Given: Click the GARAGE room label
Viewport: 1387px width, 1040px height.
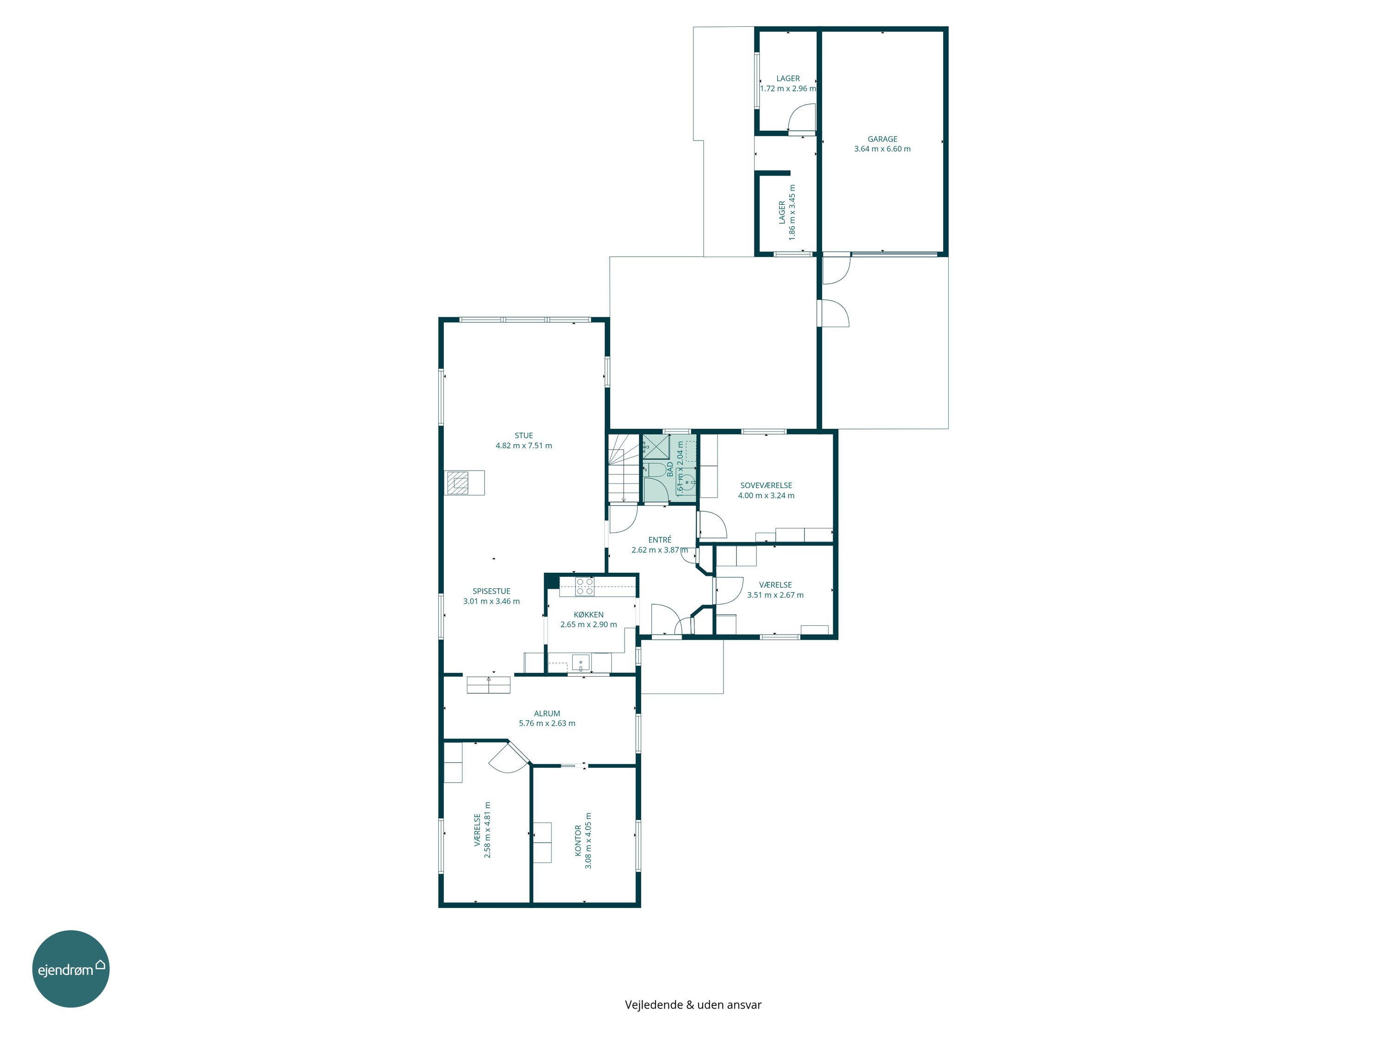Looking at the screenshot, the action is coord(882,139).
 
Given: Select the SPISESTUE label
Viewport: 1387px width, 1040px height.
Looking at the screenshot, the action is coord(491,591).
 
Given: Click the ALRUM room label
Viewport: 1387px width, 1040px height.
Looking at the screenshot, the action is coord(547,713).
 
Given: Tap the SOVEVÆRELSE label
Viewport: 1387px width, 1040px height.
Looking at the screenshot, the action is coord(766,485).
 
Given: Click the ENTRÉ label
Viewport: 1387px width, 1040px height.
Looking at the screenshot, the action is coord(660,540).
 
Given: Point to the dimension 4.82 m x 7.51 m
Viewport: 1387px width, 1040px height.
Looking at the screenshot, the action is coord(523,446).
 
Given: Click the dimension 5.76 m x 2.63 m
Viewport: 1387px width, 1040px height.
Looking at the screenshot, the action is coord(547,723).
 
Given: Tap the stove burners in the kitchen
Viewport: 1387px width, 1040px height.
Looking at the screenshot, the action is coord(585,587).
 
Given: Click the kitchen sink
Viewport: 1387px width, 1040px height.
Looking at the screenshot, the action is coord(581,662).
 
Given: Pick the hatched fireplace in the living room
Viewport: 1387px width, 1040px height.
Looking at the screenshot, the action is coord(458,483).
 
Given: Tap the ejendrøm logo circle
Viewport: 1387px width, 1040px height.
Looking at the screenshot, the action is coord(71,968).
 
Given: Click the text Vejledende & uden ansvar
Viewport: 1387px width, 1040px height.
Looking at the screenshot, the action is coord(693,1005).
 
